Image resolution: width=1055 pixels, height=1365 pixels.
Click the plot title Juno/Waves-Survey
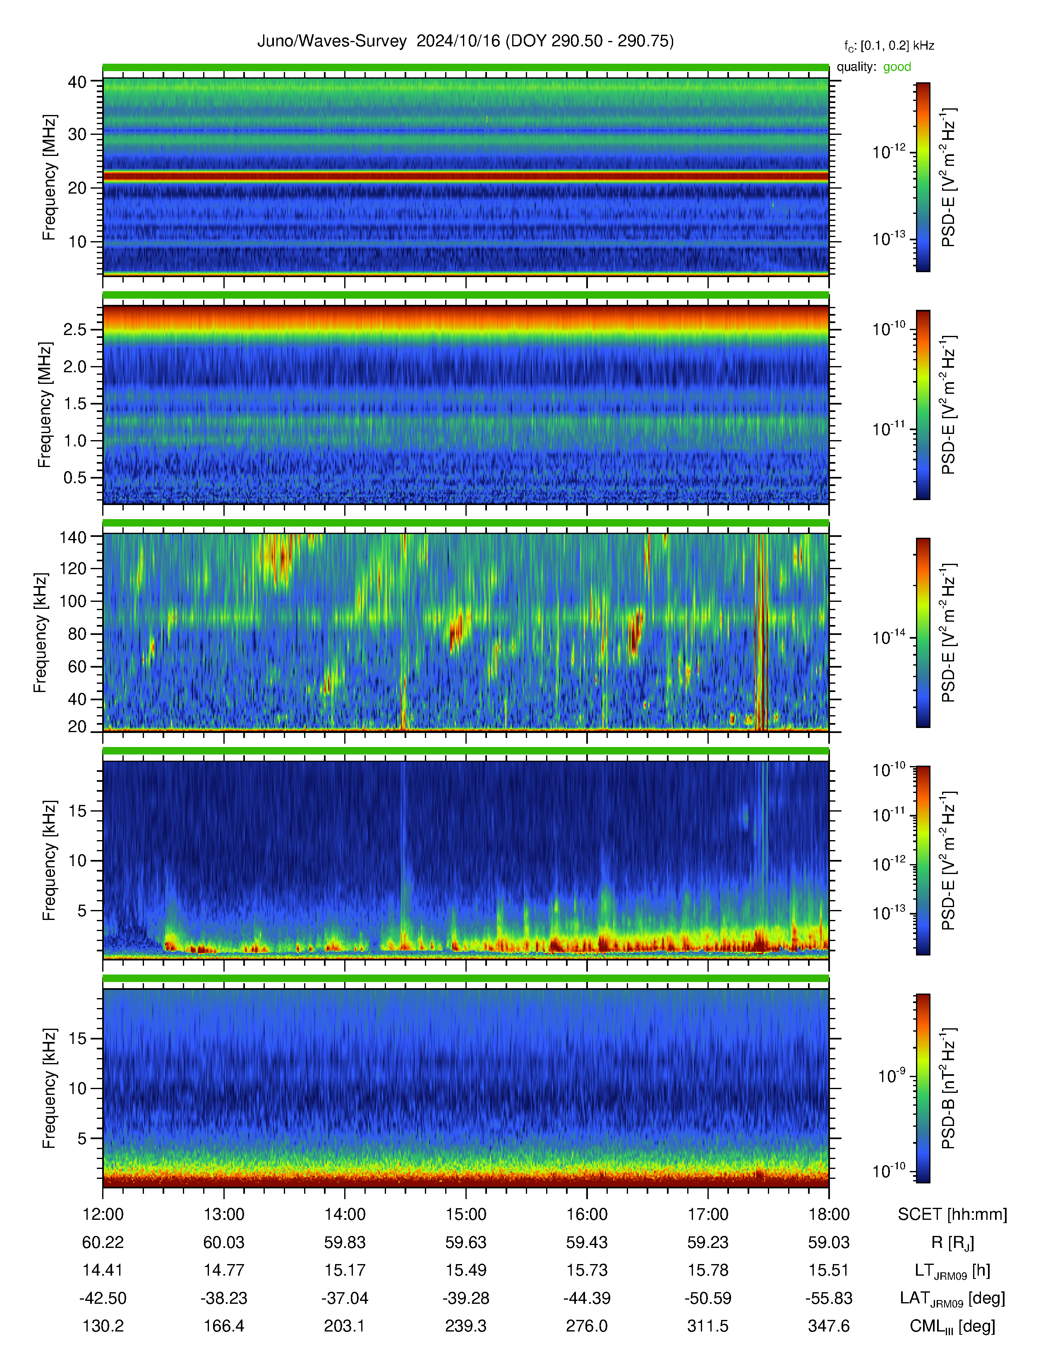(332, 41)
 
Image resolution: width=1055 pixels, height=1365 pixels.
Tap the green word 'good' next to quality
(897, 67)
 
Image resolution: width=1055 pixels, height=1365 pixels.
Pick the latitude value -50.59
(707, 1298)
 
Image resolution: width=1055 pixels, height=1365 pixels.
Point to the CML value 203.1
(344, 1326)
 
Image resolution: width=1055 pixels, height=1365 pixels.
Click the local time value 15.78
(707, 1270)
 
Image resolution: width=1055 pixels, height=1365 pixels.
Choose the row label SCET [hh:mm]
(952, 1214)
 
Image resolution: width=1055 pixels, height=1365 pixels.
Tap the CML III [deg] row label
(952, 1326)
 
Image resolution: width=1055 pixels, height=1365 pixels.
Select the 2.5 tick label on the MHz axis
(75, 329)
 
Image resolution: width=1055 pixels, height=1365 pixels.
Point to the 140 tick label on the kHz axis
(72, 536)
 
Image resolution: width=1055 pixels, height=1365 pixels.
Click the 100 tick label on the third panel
(72, 601)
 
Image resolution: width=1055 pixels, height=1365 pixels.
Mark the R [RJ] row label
(952, 1243)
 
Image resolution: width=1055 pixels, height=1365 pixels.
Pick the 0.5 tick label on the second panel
(75, 477)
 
